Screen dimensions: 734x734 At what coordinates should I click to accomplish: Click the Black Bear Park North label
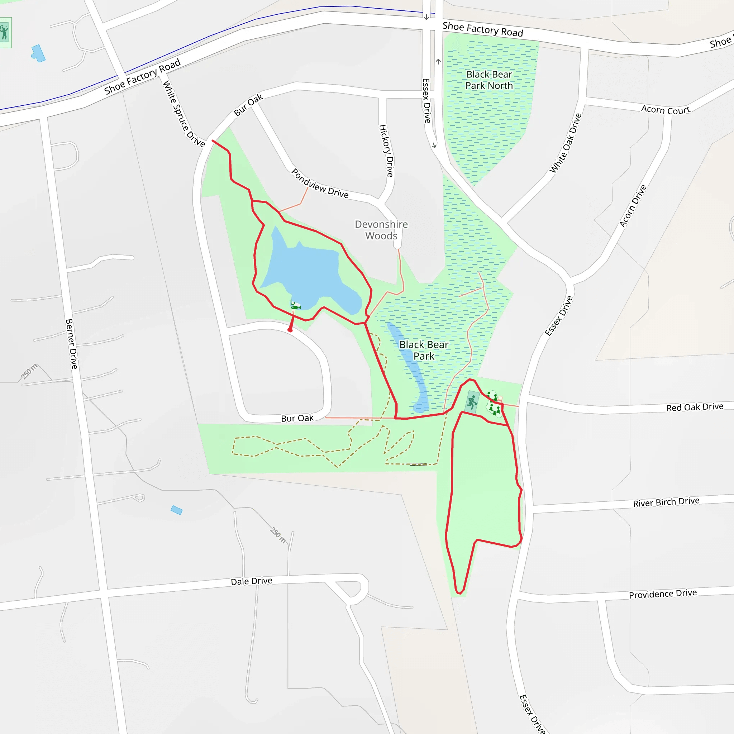(489, 80)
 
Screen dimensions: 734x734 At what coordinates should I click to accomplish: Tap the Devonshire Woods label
(381, 230)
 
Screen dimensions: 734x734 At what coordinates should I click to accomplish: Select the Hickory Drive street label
(386, 151)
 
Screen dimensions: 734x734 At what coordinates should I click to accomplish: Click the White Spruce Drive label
(183, 114)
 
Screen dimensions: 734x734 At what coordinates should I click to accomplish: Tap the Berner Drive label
(71, 344)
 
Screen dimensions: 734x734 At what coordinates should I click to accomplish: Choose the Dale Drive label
(252, 581)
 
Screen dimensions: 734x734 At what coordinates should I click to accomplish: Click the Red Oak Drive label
(695, 407)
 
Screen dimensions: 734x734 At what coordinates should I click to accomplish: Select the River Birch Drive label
(666, 502)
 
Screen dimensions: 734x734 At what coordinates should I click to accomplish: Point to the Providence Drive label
(663, 594)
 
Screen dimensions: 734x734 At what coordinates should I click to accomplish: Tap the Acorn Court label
(665, 110)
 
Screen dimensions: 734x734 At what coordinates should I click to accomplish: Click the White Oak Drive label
(565, 143)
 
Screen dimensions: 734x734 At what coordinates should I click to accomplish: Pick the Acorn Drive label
(633, 206)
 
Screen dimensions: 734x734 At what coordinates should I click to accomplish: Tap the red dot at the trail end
(290, 330)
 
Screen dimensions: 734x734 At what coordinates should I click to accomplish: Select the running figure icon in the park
(472, 401)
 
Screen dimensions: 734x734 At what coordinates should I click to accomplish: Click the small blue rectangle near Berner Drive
(177, 510)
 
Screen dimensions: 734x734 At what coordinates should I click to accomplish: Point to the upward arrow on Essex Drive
(438, 62)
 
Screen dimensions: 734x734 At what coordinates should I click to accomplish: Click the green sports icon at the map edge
(5, 33)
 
